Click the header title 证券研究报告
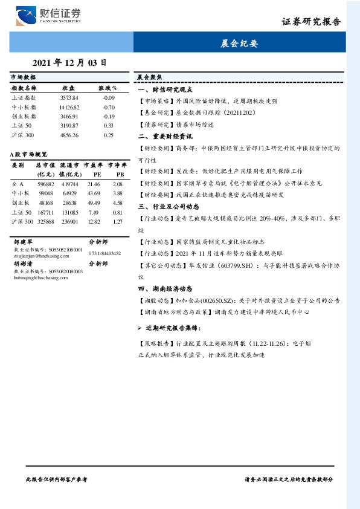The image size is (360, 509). [x=311, y=22]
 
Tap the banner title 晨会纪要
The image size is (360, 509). [x=239, y=44]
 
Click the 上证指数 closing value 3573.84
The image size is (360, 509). [x=69, y=97]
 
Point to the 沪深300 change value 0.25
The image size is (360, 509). [x=108, y=135]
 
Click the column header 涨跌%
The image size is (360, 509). [x=108, y=88]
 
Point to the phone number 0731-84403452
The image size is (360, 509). [x=104, y=254]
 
